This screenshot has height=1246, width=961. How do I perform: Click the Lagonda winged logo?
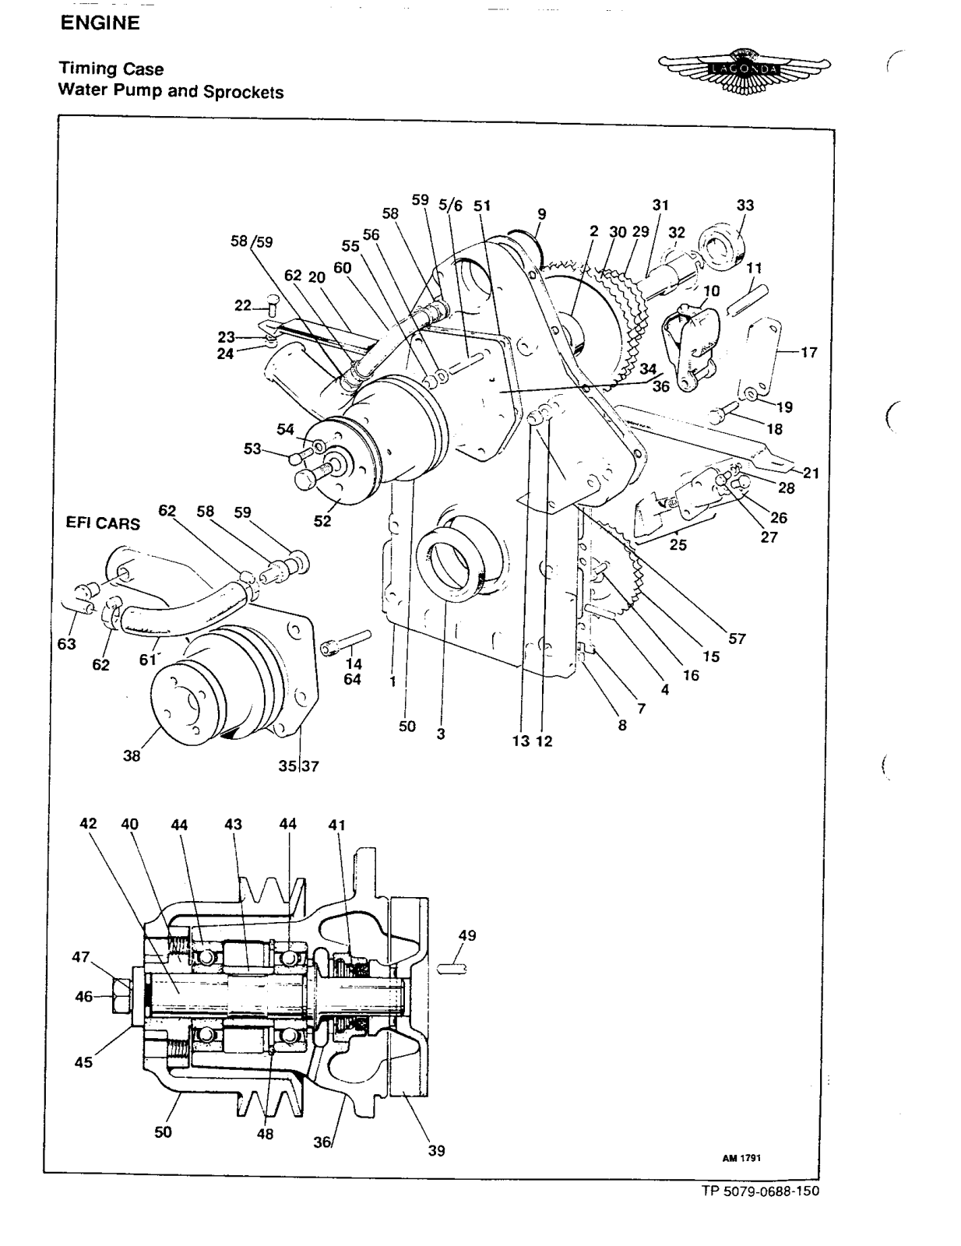tap(744, 71)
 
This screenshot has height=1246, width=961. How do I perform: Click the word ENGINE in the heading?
tap(100, 23)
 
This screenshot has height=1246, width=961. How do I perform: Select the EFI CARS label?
tap(104, 523)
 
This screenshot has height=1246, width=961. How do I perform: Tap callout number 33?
tap(745, 206)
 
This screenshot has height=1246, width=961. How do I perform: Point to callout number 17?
tap(808, 352)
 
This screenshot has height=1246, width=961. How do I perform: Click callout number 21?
tap(811, 473)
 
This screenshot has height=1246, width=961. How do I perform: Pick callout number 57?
tap(737, 639)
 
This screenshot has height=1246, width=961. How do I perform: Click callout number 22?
tap(243, 305)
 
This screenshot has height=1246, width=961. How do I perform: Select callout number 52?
tap(322, 521)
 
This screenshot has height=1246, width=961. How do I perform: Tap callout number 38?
tap(132, 755)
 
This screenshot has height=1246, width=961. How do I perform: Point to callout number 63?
tap(66, 644)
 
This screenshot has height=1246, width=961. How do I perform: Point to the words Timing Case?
tap(111, 69)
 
